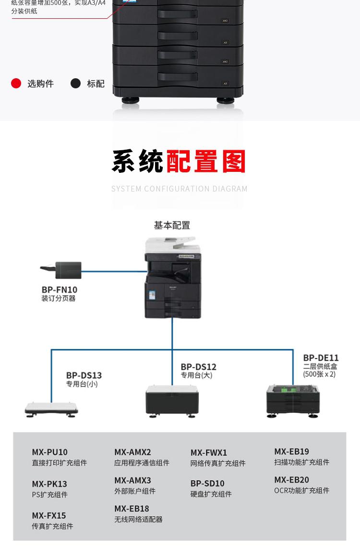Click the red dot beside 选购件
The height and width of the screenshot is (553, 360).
tap(16, 84)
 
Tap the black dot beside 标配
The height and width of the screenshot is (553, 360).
tap(75, 84)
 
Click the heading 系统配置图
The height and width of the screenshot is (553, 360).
tap(179, 162)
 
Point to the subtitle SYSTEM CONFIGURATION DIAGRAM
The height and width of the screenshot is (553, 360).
tap(180, 189)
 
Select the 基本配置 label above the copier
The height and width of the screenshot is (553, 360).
tap(172, 225)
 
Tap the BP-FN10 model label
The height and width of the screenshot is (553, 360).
tap(59, 289)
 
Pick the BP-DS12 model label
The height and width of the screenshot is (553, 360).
tap(198, 367)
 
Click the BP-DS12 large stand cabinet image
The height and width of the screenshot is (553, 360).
tap(172, 400)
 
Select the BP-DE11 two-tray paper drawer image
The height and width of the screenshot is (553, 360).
tap(293, 400)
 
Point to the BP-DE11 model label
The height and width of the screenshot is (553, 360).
tap(321, 358)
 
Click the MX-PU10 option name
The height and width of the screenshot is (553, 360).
tap(50, 452)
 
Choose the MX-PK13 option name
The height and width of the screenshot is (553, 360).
tap(49, 484)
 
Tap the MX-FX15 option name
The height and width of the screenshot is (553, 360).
tap(49, 516)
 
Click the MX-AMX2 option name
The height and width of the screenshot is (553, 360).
tap(132, 452)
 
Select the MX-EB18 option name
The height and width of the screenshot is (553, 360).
tap(132, 508)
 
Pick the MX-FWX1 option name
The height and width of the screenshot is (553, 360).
tap(209, 453)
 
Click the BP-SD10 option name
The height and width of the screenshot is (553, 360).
tap(207, 483)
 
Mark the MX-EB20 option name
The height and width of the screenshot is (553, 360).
tap(291, 480)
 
